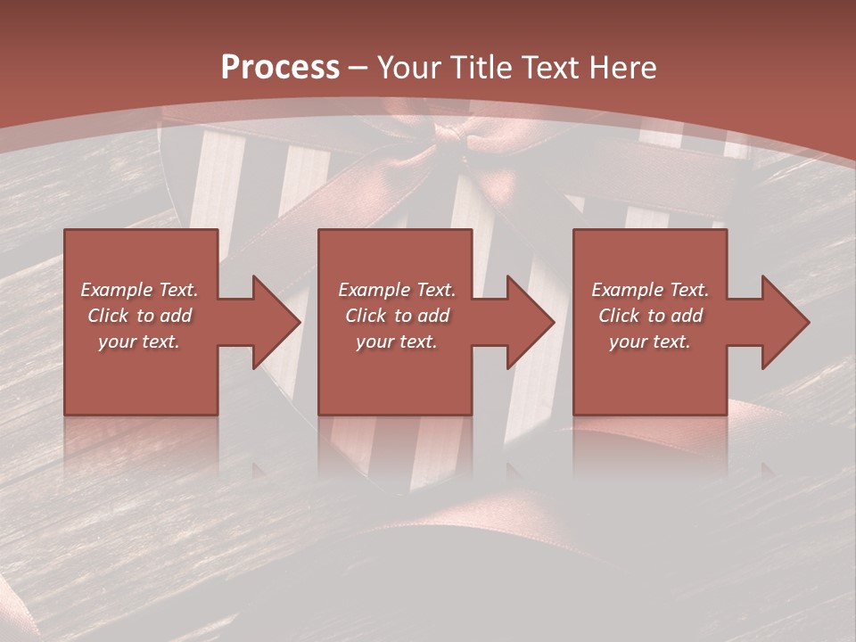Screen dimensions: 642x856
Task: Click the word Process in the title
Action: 280,68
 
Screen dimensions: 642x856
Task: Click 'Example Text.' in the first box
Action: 139,290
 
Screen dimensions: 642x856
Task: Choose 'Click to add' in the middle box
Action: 397,316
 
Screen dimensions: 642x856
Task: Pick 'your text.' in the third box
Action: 650,342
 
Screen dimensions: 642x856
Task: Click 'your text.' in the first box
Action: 139,342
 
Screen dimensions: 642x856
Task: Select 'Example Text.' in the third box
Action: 650,290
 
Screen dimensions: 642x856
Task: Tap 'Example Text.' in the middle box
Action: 397,290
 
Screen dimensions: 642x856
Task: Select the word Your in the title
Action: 408,68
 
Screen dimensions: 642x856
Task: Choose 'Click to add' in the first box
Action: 139,316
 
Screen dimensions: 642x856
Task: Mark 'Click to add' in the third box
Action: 650,316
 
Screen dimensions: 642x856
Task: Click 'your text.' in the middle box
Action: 397,342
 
